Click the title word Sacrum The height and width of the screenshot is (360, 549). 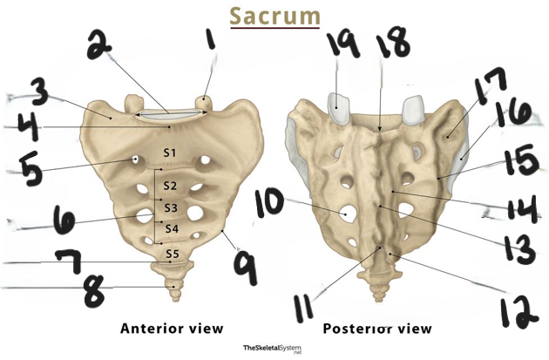click(275, 16)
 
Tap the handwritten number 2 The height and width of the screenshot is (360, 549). click(99, 44)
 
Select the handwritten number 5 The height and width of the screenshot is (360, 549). click(30, 169)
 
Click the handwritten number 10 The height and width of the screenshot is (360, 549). click(268, 203)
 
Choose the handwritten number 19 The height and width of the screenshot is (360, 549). click(342, 44)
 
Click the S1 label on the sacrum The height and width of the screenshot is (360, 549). click(170, 153)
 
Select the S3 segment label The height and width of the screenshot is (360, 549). click(171, 208)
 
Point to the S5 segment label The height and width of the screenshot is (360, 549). click(173, 253)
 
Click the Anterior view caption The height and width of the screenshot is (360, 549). click(172, 329)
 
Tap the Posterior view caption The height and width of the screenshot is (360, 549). click(377, 329)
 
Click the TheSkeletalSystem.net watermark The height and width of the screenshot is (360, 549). click(272, 349)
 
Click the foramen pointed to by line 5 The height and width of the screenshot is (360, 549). click(135, 160)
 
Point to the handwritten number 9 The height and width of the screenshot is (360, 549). click(246, 267)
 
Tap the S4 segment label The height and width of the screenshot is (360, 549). click(172, 228)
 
